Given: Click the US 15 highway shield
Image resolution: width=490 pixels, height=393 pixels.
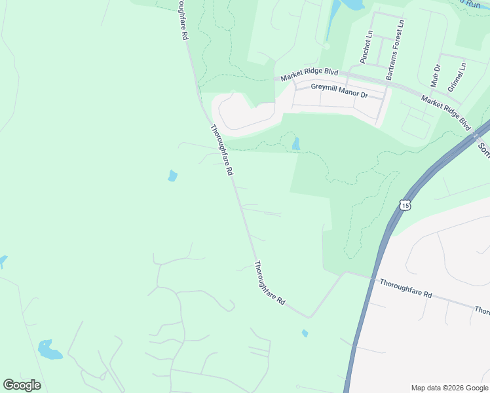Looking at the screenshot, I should click(406, 205).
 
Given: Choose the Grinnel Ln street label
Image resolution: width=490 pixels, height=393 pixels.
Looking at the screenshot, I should click(457, 77).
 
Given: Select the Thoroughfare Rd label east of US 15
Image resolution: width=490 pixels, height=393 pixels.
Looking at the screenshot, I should click(406, 289).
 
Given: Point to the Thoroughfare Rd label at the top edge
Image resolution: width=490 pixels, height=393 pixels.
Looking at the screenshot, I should click(181, 20).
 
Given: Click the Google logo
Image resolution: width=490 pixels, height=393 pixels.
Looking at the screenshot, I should click(22, 385).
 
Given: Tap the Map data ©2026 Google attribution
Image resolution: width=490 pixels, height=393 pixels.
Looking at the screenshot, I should click(450, 388).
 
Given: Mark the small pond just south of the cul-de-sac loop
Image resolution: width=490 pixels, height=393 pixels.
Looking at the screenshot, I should click(296, 143).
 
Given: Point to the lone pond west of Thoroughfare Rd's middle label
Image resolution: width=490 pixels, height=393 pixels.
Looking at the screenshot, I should click(172, 176).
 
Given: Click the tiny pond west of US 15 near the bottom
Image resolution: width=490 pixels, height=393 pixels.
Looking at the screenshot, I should click(305, 333).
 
